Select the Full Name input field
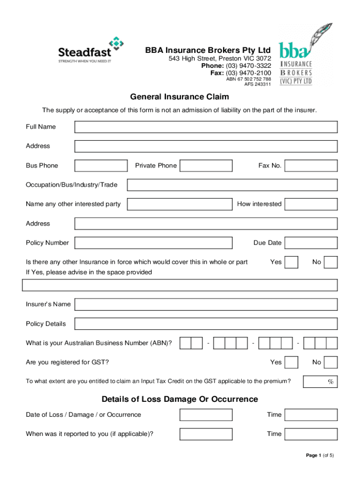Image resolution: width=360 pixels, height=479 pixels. (206, 127)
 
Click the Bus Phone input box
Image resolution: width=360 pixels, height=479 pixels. (101, 166)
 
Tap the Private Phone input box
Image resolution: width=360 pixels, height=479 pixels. (206, 166)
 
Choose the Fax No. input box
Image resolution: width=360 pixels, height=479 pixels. (311, 166)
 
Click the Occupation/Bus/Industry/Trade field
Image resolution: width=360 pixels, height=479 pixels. (232, 185)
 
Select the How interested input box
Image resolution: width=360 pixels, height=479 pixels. (311, 204)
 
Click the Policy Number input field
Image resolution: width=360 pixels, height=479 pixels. (153, 243)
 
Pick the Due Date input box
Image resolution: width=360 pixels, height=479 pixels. (311, 243)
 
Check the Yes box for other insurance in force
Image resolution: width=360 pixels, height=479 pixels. (291, 262)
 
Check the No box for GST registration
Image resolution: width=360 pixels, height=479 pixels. (331, 363)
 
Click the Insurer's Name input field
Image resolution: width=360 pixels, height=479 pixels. (206, 305)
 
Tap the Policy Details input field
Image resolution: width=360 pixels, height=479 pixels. (206, 324)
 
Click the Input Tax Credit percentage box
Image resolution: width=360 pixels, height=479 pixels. (320, 382)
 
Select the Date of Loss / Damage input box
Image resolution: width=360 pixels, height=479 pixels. (206, 415)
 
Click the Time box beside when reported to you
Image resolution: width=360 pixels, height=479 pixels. (311, 434)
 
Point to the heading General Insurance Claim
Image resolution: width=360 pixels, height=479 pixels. (180, 97)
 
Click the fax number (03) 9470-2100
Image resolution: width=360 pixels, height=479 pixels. (248, 73)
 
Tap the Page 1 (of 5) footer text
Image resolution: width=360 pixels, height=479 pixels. (320, 455)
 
